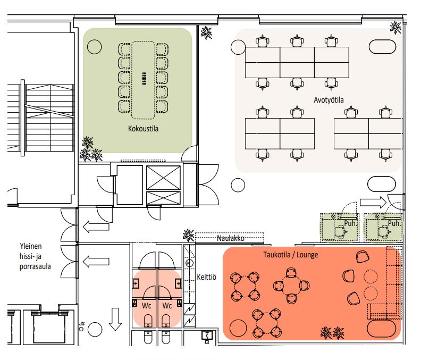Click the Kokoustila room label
143,128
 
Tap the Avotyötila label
329,100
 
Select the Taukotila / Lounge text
291,254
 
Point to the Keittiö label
206,277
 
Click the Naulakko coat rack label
231,238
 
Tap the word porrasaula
35,267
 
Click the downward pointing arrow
115,319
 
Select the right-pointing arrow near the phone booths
373,202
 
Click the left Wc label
146,305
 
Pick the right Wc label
167,305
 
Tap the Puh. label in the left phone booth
350,223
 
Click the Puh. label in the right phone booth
394,223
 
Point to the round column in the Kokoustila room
95,47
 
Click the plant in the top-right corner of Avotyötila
395,28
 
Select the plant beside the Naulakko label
189,235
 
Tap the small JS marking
82,324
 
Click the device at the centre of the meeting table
144,79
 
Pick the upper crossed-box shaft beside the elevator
163,178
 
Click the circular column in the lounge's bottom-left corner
238,328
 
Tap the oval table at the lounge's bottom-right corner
381,328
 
